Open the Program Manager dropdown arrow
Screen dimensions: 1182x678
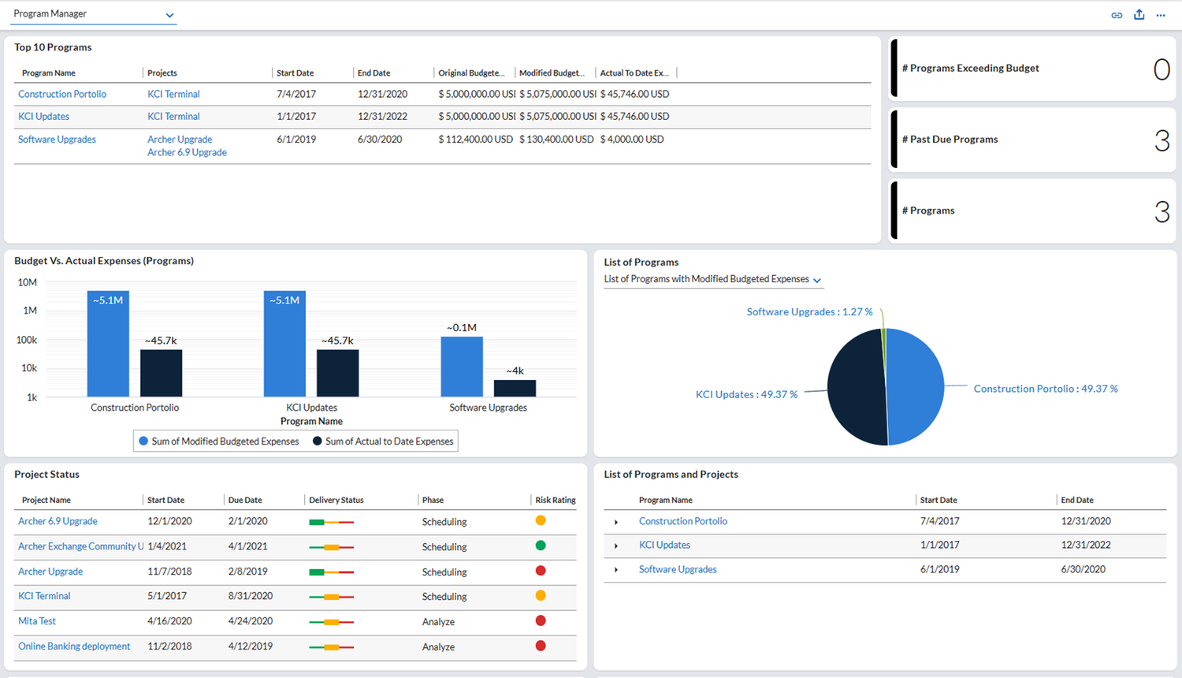(x=169, y=15)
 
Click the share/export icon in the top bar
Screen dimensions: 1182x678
(x=1139, y=15)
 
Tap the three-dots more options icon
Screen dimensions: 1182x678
(x=1161, y=15)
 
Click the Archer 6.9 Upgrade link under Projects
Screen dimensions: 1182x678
(x=187, y=152)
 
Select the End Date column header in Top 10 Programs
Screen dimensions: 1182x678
(x=374, y=73)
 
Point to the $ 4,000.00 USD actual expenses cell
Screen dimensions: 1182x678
(x=632, y=140)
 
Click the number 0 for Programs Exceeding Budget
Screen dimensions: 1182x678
(x=1162, y=69)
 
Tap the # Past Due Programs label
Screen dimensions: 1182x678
(x=950, y=140)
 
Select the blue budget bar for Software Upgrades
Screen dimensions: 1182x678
(x=462, y=367)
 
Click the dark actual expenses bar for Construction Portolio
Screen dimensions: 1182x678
(x=161, y=373)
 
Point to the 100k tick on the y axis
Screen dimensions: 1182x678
(x=26, y=340)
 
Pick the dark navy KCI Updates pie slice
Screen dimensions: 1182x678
(x=855, y=388)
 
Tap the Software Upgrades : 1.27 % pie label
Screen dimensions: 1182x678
(x=809, y=312)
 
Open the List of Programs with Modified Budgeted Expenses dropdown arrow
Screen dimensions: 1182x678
(x=817, y=281)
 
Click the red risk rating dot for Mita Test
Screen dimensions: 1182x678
(x=541, y=620)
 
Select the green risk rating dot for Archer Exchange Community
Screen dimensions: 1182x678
(x=541, y=546)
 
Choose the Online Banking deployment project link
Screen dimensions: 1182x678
(x=74, y=646)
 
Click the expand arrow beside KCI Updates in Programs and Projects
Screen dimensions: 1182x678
(x=615, y=546)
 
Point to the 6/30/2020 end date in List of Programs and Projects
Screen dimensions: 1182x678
(x=1083, y=569)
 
